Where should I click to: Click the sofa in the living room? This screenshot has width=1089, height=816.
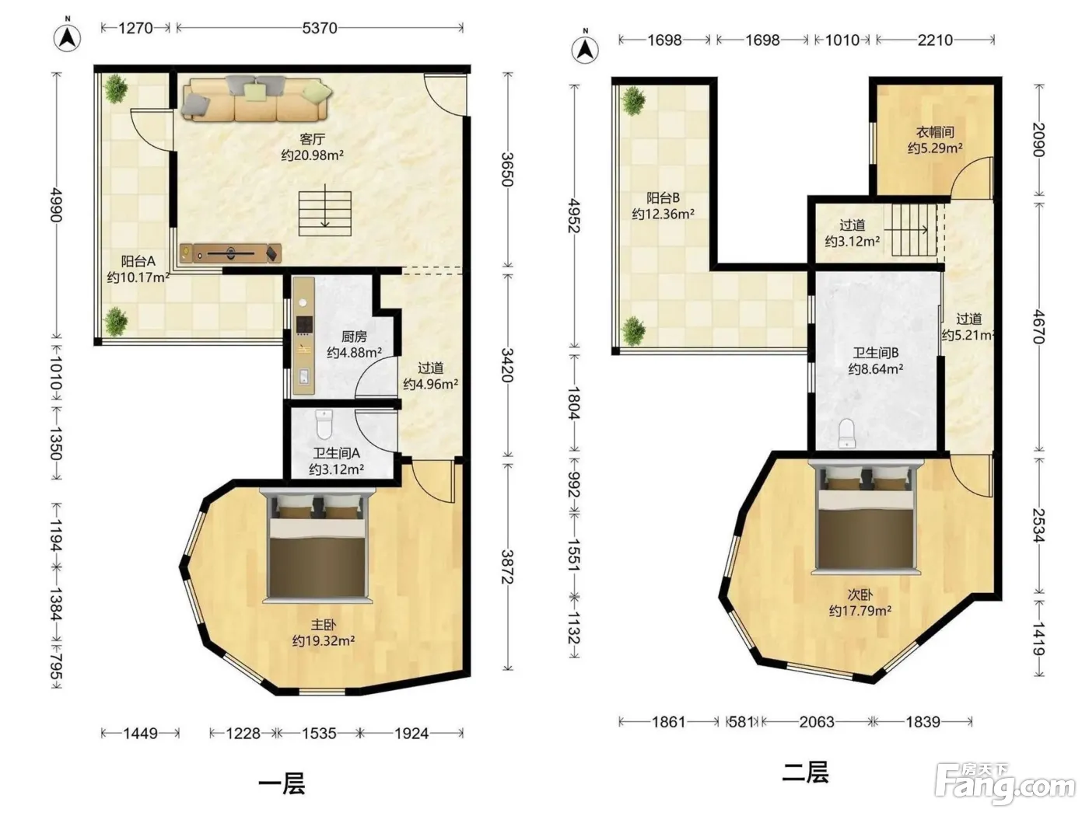(x=256, y=99)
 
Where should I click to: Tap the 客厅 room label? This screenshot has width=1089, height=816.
(x=312, y=139)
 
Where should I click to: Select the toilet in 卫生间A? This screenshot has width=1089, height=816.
(x=324, y=424)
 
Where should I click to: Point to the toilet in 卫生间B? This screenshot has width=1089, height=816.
(x=847, y=434)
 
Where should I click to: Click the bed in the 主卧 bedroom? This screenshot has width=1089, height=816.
(x=317, y=546)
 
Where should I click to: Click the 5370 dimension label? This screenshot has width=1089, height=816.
(x=320, y=28)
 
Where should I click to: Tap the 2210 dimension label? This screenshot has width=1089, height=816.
(x=935, y=40)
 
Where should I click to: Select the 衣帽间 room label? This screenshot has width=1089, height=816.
(x=935, y=132)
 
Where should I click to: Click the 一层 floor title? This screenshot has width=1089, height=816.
(x=282, y=784)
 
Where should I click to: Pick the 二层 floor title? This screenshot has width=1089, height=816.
(x=805, y=772)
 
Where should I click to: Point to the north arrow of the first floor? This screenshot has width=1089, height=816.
(x=68, y=36)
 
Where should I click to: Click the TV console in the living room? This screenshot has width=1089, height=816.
(x=230, y=253)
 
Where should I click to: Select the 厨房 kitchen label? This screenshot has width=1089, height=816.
(x=354, y=337)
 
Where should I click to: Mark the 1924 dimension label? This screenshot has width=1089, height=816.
(x=411, y=734)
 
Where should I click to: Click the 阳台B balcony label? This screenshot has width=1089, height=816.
(x=663, y=198)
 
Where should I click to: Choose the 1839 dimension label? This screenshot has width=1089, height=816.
(x=923, y=722)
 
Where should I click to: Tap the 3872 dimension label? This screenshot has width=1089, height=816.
(x=507, y=567)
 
